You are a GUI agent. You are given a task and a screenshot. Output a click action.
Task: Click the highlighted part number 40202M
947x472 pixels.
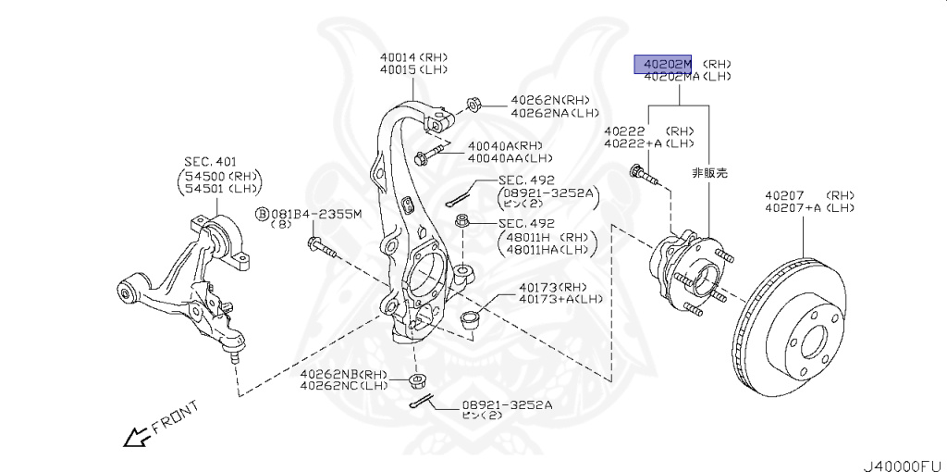(662, 64)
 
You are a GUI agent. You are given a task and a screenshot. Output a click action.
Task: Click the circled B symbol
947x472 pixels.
(262, 215)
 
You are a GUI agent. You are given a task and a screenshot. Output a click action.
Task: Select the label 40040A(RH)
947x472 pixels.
(504, 145)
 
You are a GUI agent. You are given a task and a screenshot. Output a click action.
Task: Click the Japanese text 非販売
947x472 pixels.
(710, 172)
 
